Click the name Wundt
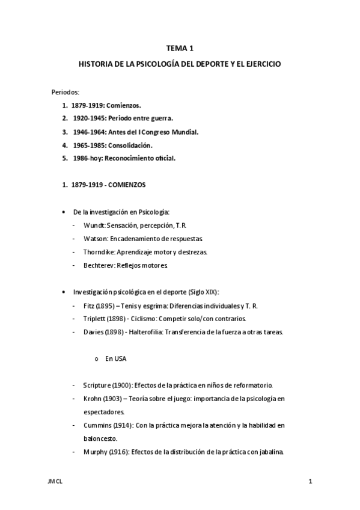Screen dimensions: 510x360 92,225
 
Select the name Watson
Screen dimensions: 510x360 93,238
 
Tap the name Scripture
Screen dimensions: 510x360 96,385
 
